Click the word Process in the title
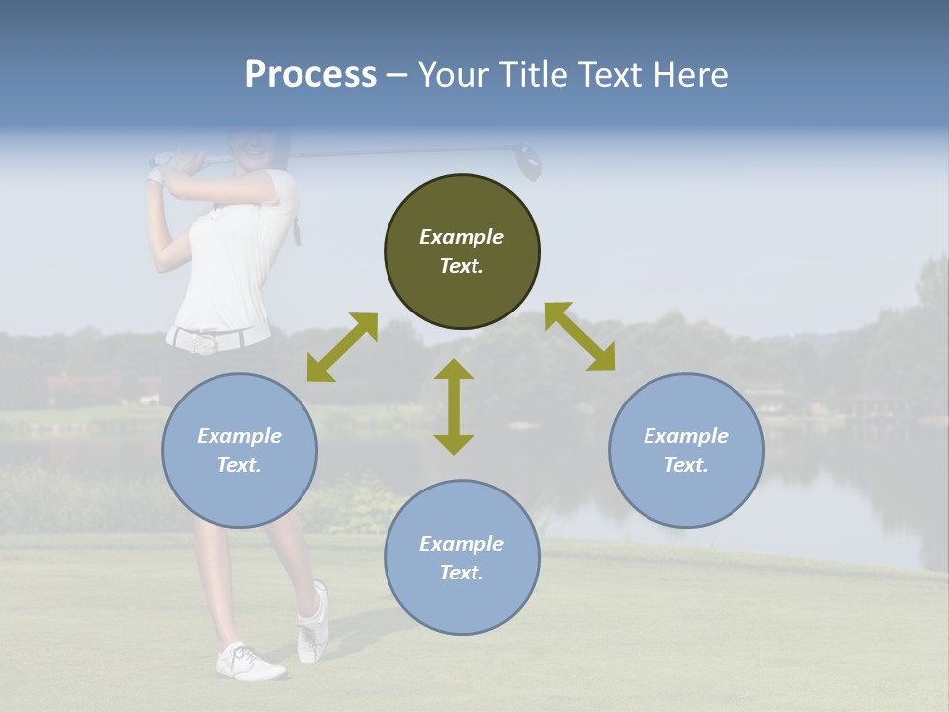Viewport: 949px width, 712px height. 310,75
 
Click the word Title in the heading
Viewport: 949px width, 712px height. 530,75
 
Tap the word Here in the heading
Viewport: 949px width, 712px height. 691,75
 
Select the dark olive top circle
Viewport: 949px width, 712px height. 462,251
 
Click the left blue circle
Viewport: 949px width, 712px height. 239,450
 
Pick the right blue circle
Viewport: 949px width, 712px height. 686,450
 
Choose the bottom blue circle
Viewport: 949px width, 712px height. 462,558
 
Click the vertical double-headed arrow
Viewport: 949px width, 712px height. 454,406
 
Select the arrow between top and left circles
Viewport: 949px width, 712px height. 342,347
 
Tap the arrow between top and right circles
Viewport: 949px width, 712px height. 580,336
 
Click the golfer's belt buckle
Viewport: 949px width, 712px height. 206,343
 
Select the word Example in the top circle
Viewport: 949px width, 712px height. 462,237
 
